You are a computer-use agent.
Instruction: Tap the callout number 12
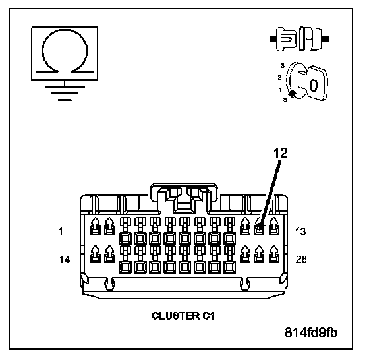[281, 153]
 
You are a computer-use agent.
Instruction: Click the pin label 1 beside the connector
[61, 231]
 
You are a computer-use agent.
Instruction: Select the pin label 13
[300, 232]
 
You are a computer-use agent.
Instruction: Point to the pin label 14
[65, 260]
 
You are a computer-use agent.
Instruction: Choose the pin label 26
[301, 260]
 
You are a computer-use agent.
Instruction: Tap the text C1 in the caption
[208, 316]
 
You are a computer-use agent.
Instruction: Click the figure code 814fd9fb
[311, 332]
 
